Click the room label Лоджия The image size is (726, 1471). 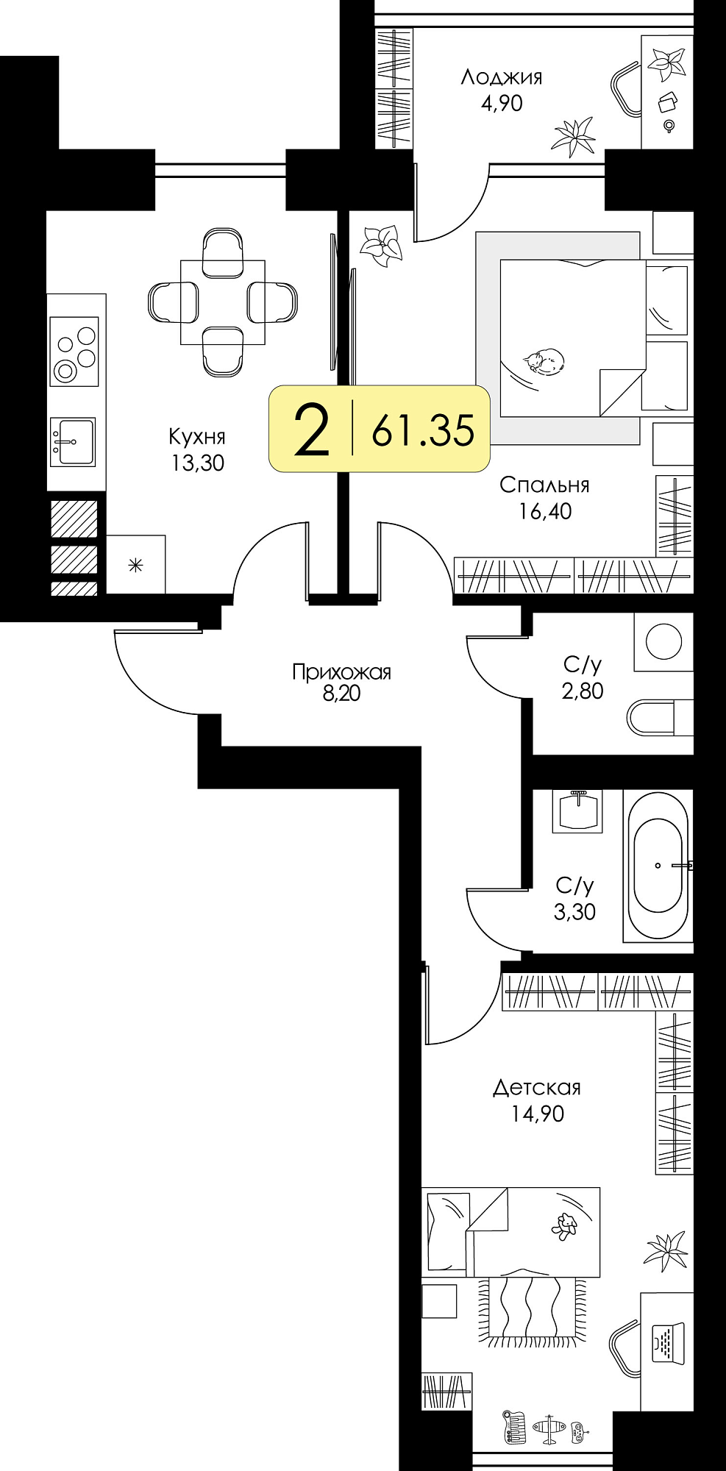click(x=502, y=77)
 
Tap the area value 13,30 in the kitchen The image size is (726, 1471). click(x=197, y=463)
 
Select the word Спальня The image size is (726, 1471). click(x=544, y=485)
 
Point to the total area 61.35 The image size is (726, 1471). click(x=423, y=430)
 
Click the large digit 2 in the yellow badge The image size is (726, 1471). click(x=311, y=430)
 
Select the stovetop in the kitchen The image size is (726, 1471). click(x=74, y=352)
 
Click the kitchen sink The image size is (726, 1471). click(x=73, y=442)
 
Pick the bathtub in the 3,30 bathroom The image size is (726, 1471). click(x=658, y=865)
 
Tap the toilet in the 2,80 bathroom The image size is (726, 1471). click(x=660, y=716)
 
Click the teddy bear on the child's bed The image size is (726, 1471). click(x=564, y=1226)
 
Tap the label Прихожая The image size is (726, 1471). click(x=341, y=672)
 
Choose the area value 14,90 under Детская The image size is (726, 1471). click(x=538, y=1114)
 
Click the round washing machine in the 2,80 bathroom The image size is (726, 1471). click(x=663, y=641)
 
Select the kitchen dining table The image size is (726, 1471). click(x=223, y=302)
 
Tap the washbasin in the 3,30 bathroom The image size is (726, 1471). click(x=578, y=811)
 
